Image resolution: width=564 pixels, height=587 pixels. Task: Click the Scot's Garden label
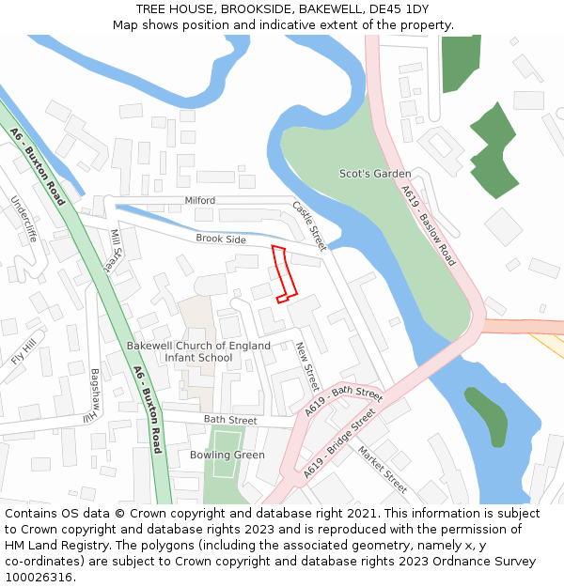375,174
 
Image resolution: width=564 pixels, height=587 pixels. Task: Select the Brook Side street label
221,239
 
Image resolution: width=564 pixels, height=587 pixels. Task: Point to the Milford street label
199,201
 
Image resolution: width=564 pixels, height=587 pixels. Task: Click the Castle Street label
308,225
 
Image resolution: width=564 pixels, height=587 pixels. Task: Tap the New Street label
307,365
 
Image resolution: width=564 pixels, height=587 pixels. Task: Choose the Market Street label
382,469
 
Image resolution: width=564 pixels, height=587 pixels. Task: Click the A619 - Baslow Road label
428,225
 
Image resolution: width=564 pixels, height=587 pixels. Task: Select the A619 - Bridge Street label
340,444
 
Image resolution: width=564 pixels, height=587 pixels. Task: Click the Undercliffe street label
23,219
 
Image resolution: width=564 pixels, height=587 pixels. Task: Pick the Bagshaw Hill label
94,393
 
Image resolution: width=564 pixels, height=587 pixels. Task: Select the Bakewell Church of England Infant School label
198,351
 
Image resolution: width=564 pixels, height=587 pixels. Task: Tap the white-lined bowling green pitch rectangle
225,454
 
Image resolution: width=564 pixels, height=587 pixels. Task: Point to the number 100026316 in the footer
39,578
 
